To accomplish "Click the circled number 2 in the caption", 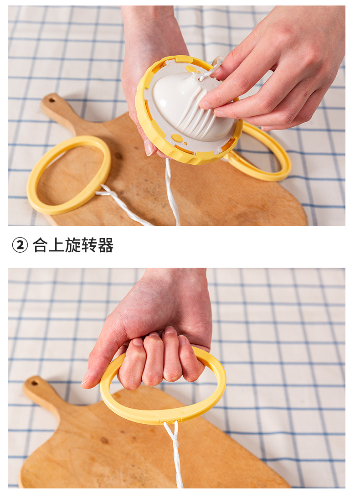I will coord(20,245).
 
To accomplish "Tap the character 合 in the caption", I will coord(40,245).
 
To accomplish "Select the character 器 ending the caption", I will coord(106,245).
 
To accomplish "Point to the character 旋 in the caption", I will coord(73,245).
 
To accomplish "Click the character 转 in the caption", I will coord(89,245).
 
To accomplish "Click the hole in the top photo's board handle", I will coord(51,101).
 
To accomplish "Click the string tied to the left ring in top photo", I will coord(123,205).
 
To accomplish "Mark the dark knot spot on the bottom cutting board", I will coord(104,441).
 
